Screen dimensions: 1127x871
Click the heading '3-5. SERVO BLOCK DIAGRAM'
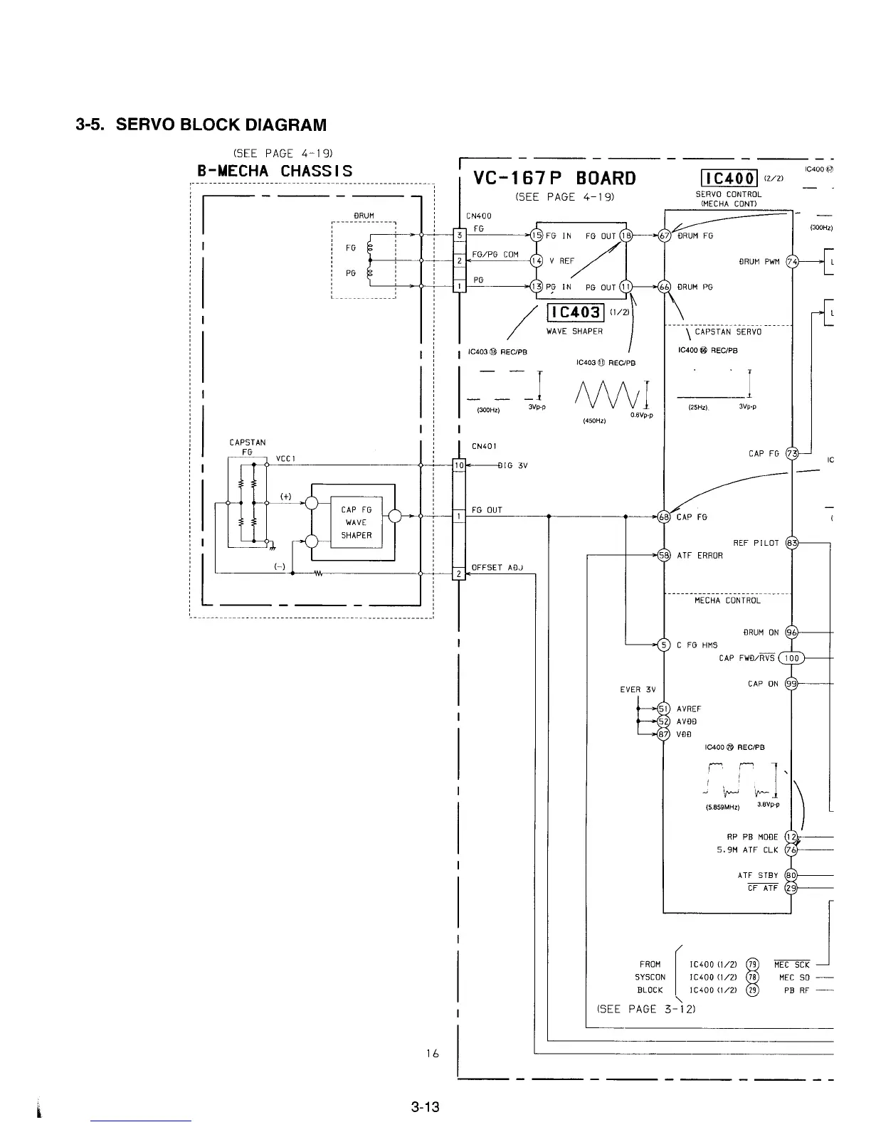pyautogui.click(x=201, y=125)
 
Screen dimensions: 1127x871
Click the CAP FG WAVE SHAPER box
pyautogui.click(x=356, y=522)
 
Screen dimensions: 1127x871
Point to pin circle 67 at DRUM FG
pyautogui.click(x=665, y=236)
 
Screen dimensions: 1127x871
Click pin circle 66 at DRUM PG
pyautogui.click(x=665, y=287)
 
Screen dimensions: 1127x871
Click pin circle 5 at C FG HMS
pyautogui.click(x=663, y=645)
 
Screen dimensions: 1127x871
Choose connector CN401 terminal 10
pyautogui.click(x=459, y=465)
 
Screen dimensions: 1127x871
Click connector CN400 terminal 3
pyautogui.click(x=460, y=235)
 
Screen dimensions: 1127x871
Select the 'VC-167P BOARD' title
pyautogui.click(x=554, y=178)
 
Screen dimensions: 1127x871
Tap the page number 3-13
pyautogui.click(x=425, y=1106)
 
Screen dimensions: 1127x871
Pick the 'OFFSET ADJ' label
pyautogui.click(x=497, y=568)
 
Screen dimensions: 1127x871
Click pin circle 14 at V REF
pyautogui.click(x=537, y=260)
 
